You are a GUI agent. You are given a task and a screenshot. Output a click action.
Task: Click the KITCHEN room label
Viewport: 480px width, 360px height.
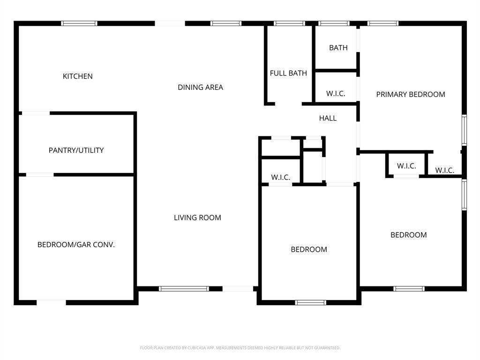(78, 76)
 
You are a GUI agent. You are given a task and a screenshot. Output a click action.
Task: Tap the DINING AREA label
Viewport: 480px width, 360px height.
(200, 87)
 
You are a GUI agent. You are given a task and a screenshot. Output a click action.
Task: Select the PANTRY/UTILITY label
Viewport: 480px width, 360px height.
(76, 150)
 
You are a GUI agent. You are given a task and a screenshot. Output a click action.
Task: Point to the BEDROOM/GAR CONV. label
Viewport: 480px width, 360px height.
(76, 245)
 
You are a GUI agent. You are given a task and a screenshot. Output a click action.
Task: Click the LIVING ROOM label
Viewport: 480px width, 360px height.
(197, 217)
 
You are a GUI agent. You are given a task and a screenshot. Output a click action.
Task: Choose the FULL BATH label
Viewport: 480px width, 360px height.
(288, 73)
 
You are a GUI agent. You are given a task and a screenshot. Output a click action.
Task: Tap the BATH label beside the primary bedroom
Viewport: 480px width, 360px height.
(338, 48)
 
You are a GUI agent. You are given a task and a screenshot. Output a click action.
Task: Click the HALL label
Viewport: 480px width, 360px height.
(328, 118)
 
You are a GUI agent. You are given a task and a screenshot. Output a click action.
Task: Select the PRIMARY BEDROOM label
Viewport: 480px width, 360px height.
(411, 94)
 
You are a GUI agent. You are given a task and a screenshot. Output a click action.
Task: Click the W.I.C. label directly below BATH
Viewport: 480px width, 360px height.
(336, 94)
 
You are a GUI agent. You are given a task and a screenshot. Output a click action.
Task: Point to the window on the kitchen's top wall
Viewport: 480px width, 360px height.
(79, 23)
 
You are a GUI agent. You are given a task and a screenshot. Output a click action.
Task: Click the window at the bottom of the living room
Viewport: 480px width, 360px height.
(184, 289)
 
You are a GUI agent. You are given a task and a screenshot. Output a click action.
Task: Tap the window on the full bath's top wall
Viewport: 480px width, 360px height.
(289, 23)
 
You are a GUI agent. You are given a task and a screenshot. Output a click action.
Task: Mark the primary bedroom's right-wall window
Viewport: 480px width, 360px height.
(464, 130)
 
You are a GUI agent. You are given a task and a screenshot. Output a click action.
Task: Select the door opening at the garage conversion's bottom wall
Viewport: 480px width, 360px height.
(51, 302)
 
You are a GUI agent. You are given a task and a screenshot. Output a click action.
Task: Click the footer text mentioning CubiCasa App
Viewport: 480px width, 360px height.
(240, 348)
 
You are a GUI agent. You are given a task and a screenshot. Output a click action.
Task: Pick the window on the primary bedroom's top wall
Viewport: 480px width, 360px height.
(382, 23)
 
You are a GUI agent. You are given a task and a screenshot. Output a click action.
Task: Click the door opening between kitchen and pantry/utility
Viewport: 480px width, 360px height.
(36, 113)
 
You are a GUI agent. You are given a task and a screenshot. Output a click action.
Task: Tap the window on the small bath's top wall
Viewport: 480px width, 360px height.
(334, 23)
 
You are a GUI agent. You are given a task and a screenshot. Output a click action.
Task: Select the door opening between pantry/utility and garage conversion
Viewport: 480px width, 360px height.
(39, 175)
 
